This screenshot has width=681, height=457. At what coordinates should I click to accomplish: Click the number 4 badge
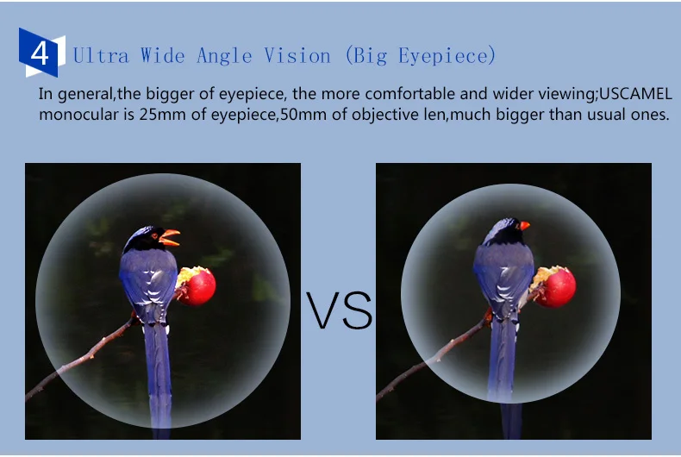pos(41,53)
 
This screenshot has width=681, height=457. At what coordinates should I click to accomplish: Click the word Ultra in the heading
pos(101,56)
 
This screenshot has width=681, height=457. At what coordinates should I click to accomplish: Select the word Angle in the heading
pos(224,56)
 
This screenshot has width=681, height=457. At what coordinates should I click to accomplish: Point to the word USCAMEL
pos(636,94)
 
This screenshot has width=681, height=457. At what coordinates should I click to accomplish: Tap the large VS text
pos(339,310)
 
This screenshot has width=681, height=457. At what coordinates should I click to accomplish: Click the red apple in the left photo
pos(197,285)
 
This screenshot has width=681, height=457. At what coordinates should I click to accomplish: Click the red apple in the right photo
pos(554,286)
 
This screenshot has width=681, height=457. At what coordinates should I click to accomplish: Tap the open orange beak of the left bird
pos(170,238)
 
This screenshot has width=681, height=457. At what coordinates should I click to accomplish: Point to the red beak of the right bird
pos(525,225)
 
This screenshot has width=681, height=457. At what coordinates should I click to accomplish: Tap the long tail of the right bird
pos(504,373)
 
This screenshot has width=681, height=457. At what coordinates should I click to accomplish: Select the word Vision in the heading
pos(297,56)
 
